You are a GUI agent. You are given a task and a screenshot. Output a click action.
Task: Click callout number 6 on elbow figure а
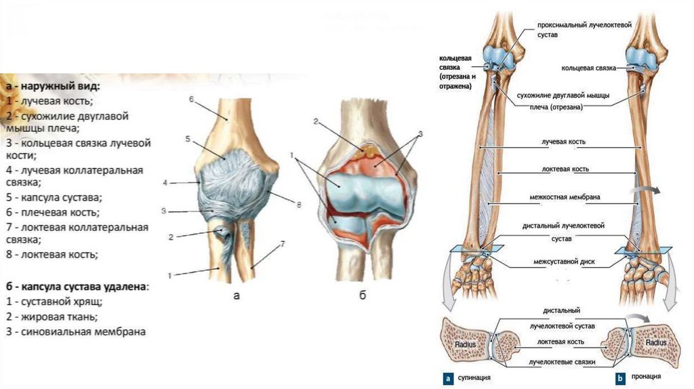pos(191,100)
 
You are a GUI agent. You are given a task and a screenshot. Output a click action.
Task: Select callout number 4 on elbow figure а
pos(165,182)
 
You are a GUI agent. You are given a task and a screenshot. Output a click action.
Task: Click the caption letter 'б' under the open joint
pos(363,296)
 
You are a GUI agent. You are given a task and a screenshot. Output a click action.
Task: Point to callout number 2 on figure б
pos(316,121)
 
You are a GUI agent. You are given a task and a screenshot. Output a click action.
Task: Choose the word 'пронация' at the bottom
pos(647,377)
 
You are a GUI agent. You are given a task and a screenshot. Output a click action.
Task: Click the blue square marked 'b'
pos(619,377)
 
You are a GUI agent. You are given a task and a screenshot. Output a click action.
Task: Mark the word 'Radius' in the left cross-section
pos(464,343)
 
